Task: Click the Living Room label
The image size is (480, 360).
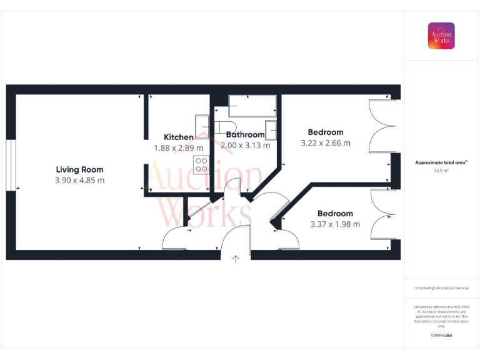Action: pos(79,169)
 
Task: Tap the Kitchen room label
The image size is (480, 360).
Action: pos(179,137)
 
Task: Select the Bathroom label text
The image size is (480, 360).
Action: pos(246,135)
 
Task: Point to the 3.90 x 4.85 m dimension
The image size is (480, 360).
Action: pos(79,181)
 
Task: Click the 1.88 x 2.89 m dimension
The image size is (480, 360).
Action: pos(179,148)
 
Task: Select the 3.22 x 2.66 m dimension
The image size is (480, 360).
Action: pos(326,143)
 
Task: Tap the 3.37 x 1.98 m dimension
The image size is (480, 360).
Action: pos(335,224)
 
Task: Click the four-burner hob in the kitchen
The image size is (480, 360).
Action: pos(202,164)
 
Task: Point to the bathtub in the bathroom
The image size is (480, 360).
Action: pos(252,106)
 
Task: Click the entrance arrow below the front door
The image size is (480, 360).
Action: pos(236,259)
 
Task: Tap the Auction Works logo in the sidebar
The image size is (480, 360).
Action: pos(441,36)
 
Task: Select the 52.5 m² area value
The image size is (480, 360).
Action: pos(441,170)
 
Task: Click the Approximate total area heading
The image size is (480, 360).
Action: pos(441,162)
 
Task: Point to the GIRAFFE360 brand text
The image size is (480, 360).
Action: pos(441,336)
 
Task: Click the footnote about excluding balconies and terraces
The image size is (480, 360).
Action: pos(441,288)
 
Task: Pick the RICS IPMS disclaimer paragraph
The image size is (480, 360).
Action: pos(441,316)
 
